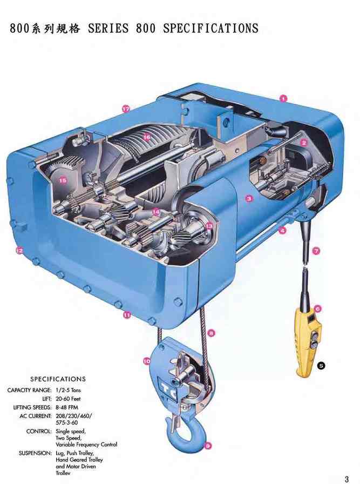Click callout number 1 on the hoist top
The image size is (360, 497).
[x=283, y=98]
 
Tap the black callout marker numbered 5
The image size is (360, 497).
[x=321, y=366]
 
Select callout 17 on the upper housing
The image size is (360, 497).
[x=126, y=109]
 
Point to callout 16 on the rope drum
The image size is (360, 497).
[x=146, y=137]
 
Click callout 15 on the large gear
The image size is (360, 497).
[x=63, y=180]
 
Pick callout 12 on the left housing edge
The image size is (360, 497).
[x=19, y=251]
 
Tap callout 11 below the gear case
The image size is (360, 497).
[x=127, y=315]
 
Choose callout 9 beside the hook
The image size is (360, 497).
[x=207, y=446]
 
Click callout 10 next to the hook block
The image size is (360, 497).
[x=147, y=361]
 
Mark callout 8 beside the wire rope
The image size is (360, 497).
[x=212, y=333]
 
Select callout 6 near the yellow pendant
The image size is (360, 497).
[x=318, y=308]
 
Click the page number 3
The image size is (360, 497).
[x=347, y=479]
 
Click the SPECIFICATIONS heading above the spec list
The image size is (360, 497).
[x=58, y=379]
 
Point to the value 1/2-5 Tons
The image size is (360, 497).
[x=69, y=390]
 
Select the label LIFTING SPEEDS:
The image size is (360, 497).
[x=32, y=407]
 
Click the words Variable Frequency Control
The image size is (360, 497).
[x=86, y=445]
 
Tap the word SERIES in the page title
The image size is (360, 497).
[x=108, y=29]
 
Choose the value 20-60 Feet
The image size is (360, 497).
[x=68, y=399]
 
